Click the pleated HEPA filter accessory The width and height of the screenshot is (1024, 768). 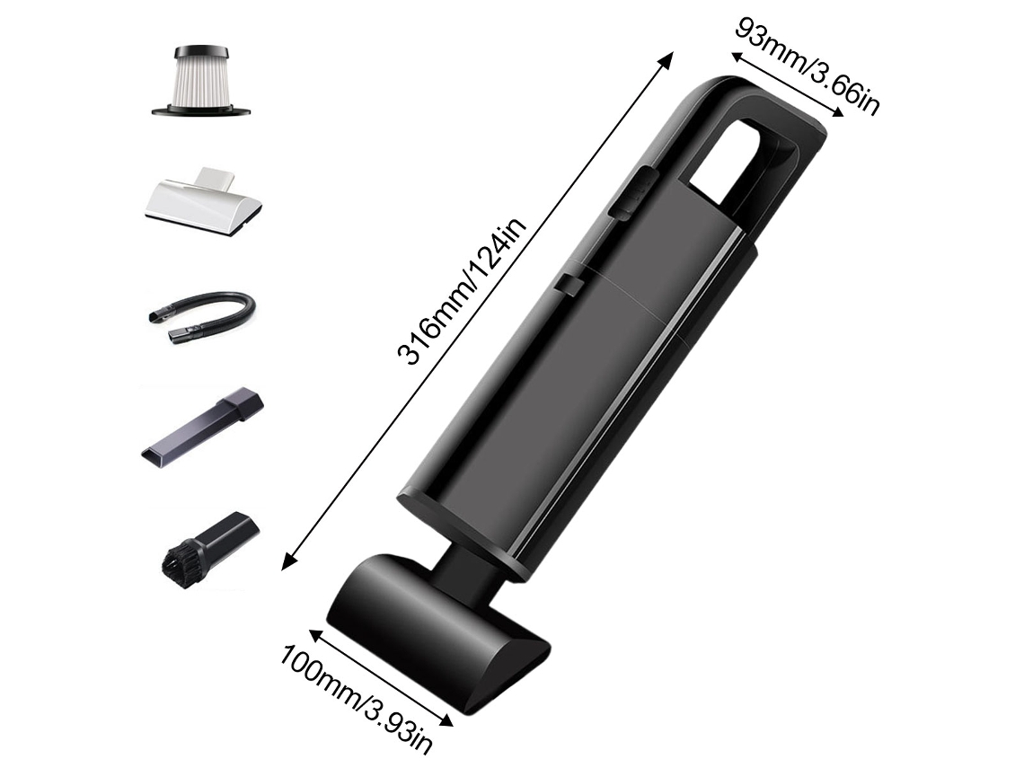pos(201,81)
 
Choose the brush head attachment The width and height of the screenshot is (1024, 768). pos(209,544)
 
